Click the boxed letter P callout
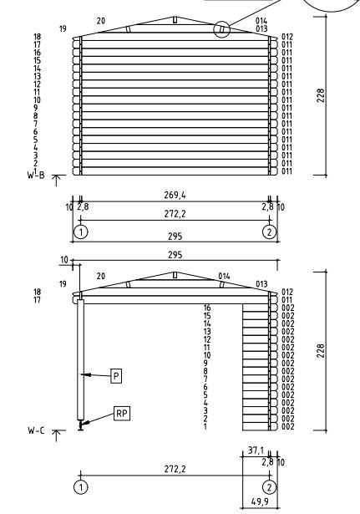116,376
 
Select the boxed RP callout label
121,414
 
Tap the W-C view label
36,430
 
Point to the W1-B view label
36,175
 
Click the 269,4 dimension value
175,195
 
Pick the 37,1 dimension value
256,450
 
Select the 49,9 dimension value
260,501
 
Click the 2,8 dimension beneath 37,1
267,462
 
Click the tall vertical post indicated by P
80,359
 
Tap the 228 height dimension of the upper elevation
321,95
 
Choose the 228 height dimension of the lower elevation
321,351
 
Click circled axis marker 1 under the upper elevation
80,232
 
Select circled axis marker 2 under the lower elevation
269,487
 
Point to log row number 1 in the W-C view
205,426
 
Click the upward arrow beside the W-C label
56,435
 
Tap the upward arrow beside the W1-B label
56,181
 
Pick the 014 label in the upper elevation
261,21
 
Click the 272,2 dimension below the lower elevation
175,469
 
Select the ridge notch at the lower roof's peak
175,275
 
